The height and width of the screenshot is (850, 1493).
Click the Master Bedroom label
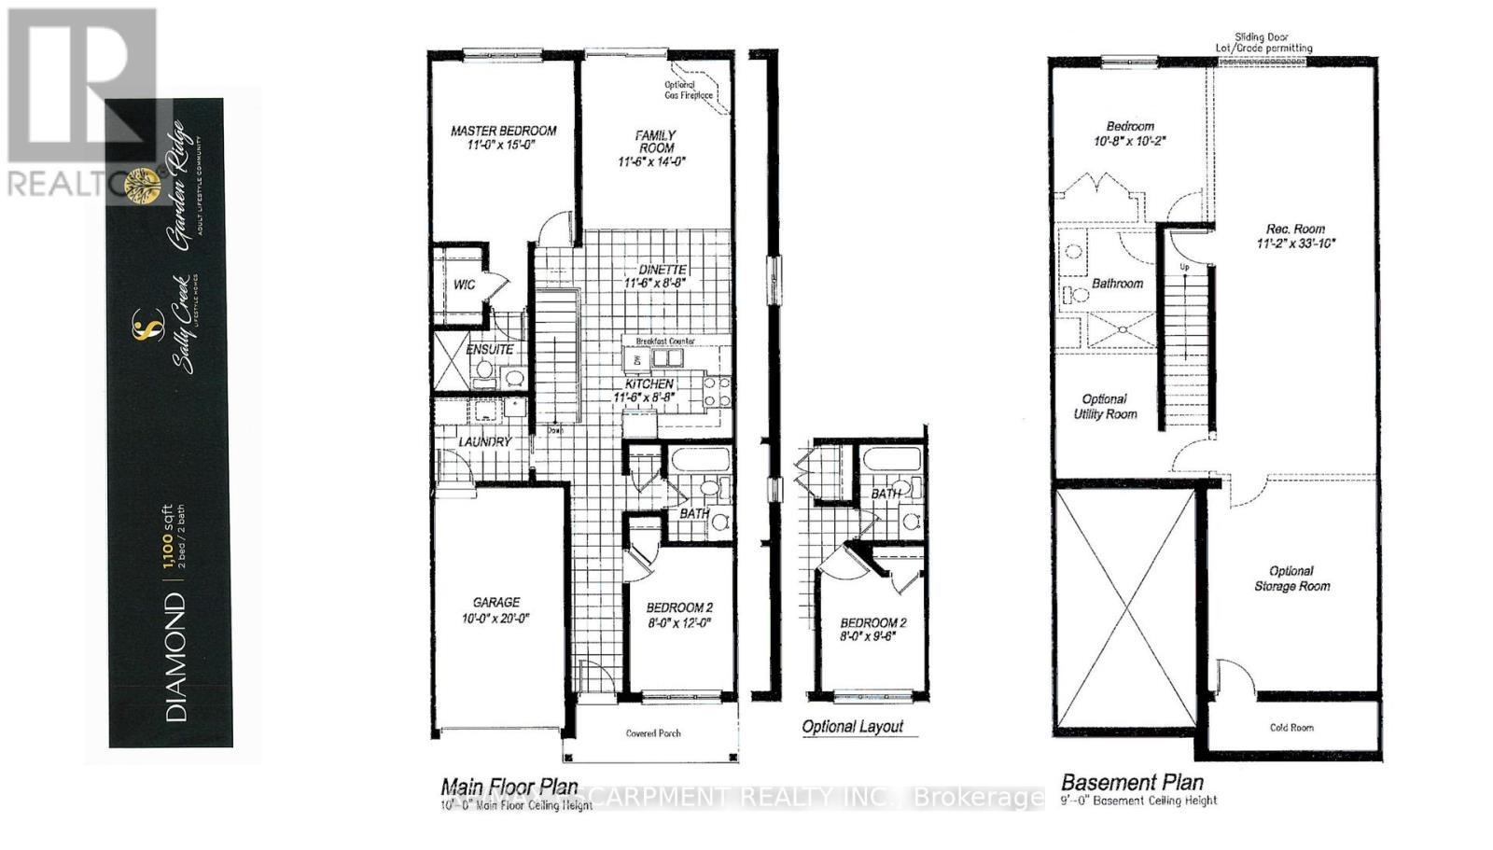click(504, 131)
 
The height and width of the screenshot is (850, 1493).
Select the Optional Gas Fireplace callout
click(690, 90)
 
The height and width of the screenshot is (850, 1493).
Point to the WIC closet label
click(465, 285)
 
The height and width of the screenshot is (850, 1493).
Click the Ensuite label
click(490, 349)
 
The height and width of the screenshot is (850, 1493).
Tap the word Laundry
click(485, 441)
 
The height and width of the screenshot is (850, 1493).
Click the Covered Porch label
click(653, 733)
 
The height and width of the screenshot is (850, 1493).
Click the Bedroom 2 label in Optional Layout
click(873, 623)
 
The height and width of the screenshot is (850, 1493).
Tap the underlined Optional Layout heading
click(853, 727)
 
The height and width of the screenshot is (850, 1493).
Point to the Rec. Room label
click(1295, 229)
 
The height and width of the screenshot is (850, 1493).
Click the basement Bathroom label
click(1117, 283)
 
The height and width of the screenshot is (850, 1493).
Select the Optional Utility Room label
click(1105, 406)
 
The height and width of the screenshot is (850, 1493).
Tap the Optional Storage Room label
click(1291, 578)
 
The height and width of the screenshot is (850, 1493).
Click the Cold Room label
click(1291, 728)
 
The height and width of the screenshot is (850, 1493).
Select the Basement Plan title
click(1133, 782)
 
